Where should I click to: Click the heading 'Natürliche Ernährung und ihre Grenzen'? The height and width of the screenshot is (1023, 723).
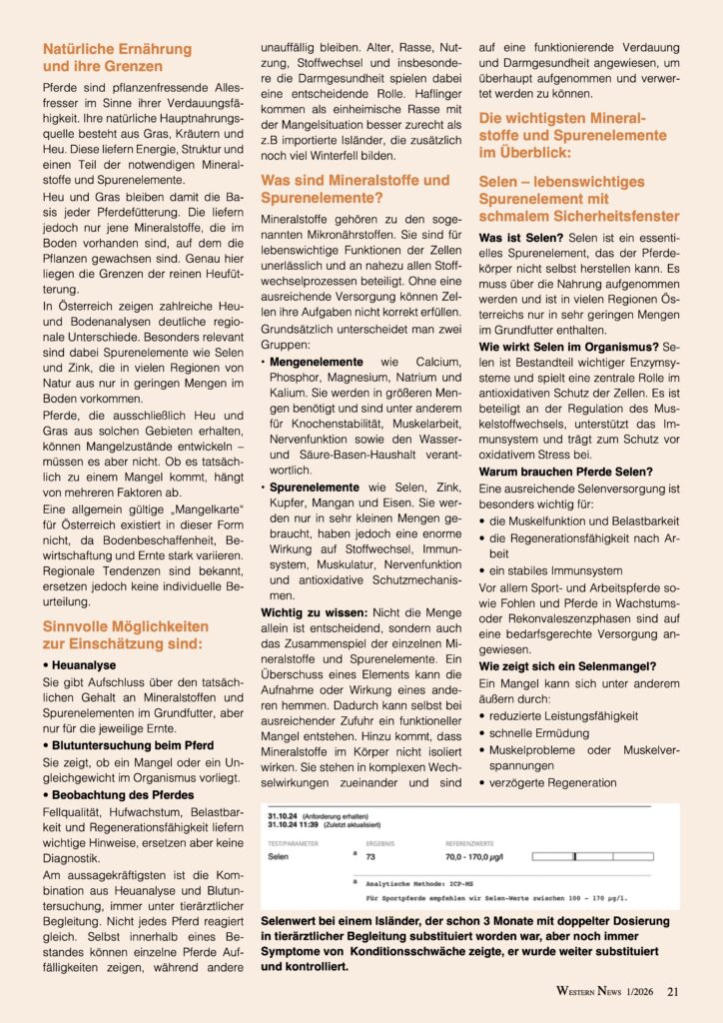point(118,57)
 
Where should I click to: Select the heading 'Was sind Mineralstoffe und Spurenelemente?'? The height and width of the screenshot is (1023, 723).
point(355,190)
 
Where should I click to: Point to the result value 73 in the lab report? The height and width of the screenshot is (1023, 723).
point(370,857)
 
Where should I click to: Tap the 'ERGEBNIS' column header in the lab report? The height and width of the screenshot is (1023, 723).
point(382,842)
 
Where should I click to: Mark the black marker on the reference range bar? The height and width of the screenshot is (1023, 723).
point(574,857)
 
